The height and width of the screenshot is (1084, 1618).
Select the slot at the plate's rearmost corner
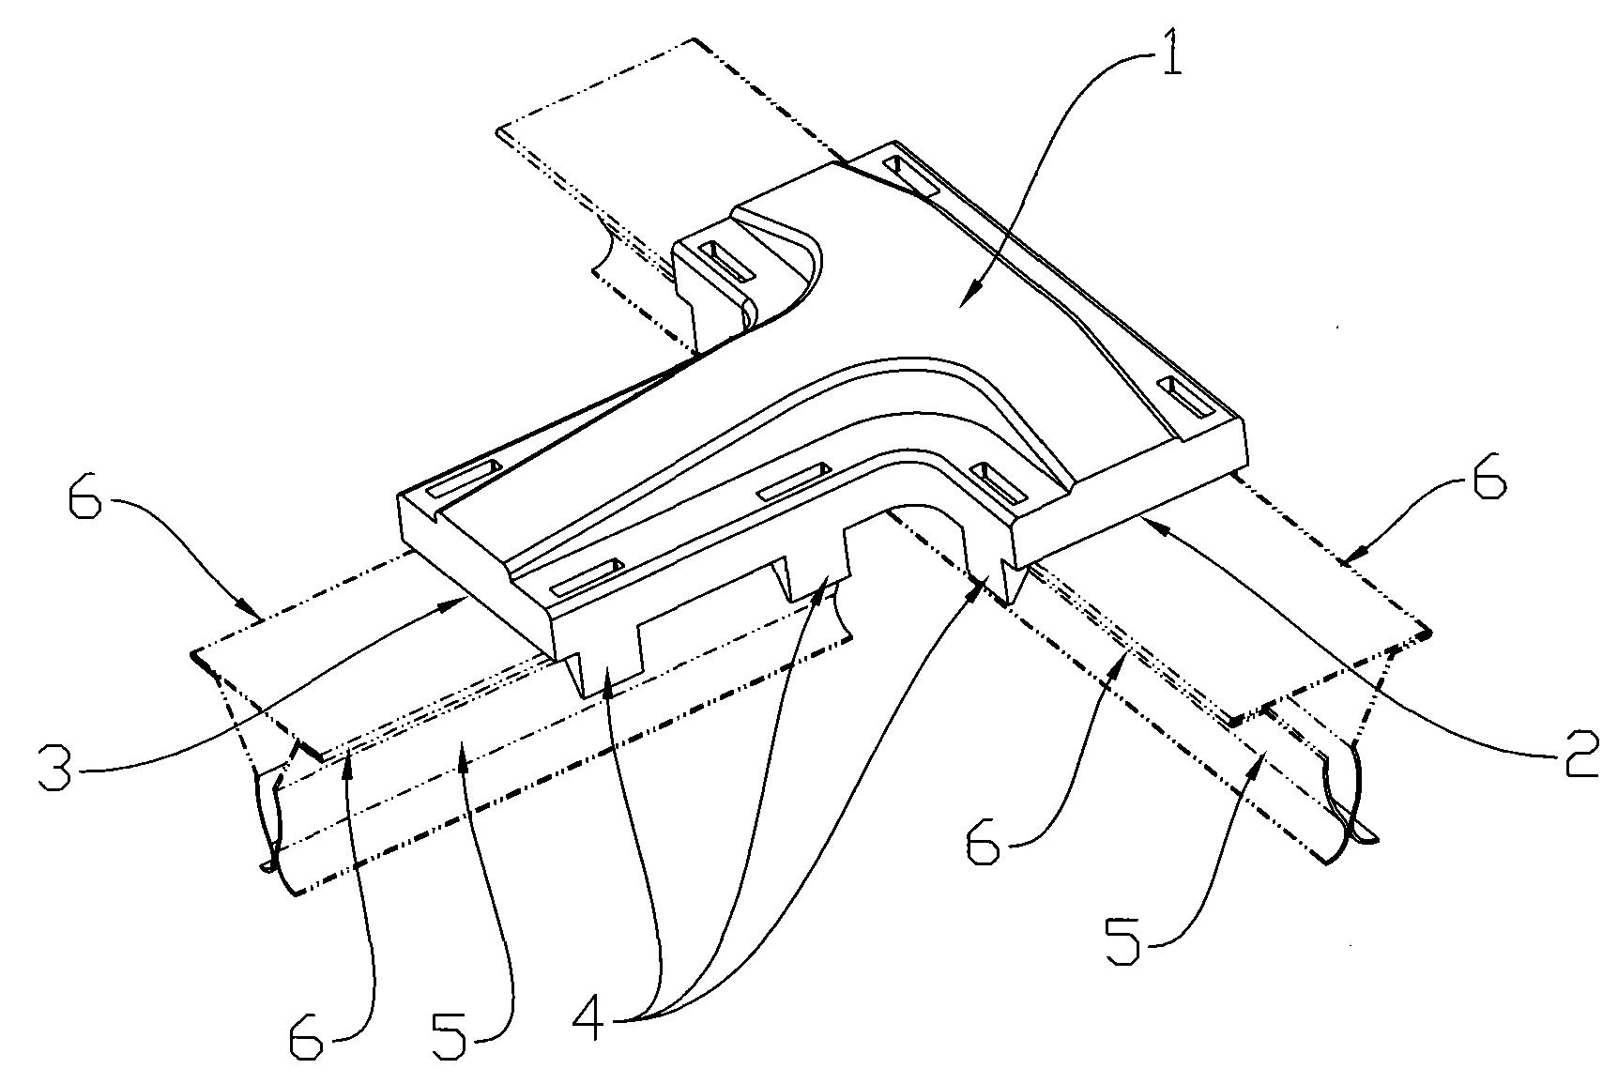point(909,176)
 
